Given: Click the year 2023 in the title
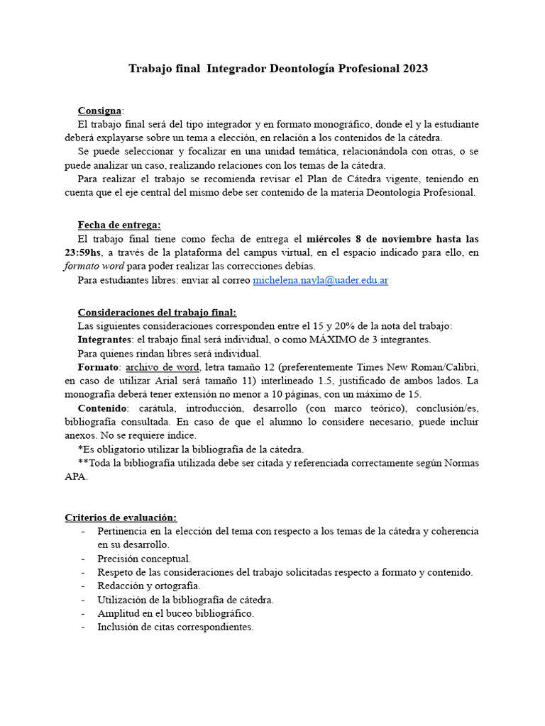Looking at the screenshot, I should point(416,69).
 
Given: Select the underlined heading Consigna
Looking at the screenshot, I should point(99,111).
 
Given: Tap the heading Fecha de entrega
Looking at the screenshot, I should point(119,225).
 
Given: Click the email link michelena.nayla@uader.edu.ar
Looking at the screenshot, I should point(320,280).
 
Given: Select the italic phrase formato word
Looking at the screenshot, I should point(94,266).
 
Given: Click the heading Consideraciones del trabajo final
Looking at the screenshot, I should point(157,312).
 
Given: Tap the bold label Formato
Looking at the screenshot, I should point(99,367).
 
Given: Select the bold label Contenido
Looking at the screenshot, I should point(102,408).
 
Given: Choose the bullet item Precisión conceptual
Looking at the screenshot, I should point(144,559).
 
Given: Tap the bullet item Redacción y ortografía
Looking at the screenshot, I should point(149,586).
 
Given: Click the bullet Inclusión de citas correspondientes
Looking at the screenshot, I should point(175,627).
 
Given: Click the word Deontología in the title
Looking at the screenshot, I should point(309,69).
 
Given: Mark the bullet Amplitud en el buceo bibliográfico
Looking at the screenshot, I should point(175,613).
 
